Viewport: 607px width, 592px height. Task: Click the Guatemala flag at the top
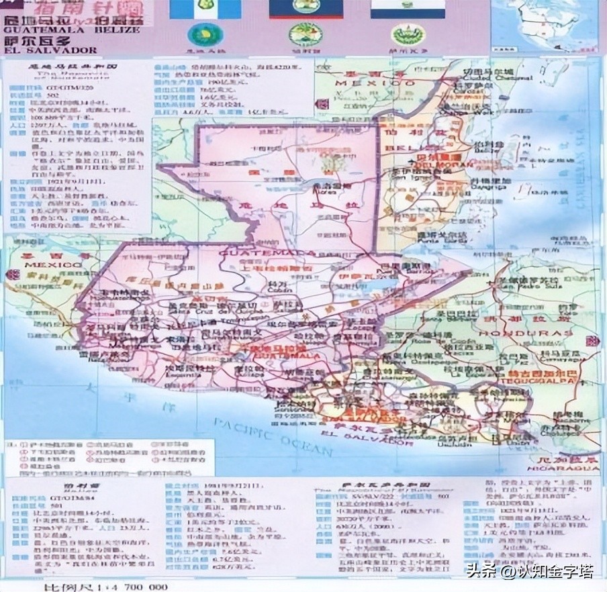(205, 9)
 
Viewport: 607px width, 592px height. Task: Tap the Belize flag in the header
(306, 9)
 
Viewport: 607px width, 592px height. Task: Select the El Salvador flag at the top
(408, 9)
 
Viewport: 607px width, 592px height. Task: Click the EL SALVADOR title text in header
(50, 50)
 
